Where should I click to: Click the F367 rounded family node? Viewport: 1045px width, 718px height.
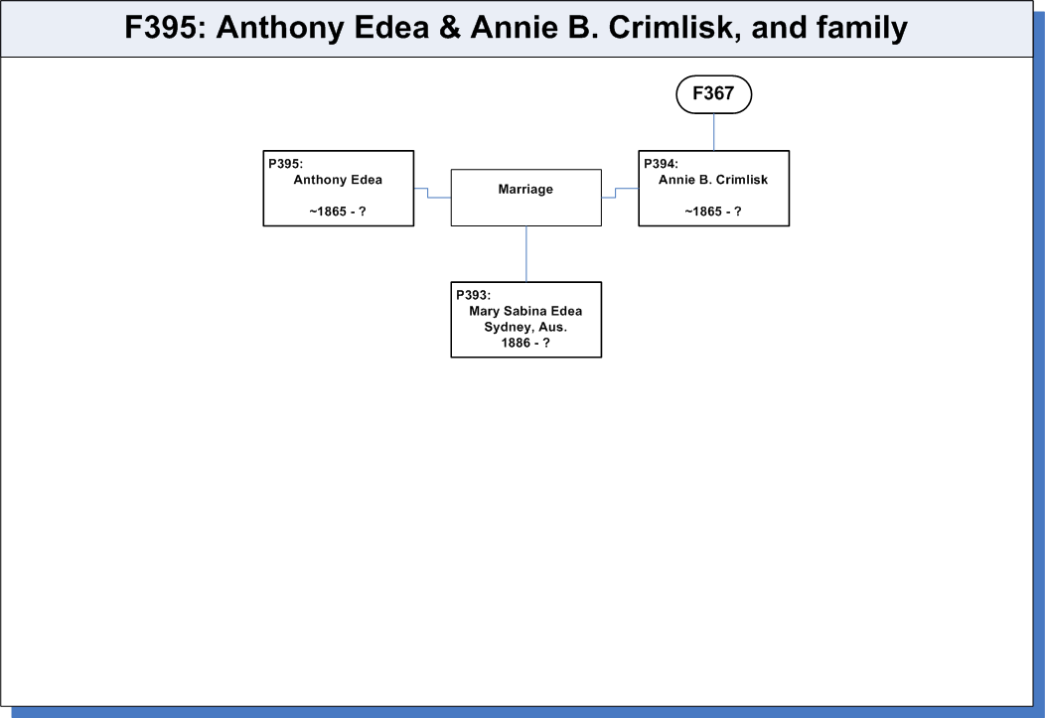[x=714, y=94]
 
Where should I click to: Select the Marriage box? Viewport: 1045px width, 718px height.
[x=525, y=198]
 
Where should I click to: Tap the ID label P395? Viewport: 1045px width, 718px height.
[x=285, y=164]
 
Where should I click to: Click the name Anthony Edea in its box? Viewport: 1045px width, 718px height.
[x=338, y=180]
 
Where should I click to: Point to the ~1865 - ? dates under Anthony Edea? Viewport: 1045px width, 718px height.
[x=338, y=212]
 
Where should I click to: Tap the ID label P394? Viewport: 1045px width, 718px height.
[x=661, y=164]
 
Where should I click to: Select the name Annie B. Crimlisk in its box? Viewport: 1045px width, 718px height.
[x=713, y=180]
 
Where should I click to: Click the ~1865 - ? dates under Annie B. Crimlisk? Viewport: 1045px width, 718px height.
[x=713, y=212]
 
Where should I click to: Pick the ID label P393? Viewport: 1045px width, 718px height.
[x=473, y=295]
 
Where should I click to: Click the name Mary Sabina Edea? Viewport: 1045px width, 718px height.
[x=525, y=311]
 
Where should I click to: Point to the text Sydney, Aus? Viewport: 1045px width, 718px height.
[x=525, y=327]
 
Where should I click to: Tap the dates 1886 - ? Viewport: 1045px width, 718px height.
[x=525, y=343]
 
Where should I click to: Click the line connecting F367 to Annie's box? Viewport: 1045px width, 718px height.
[x=714, y=132]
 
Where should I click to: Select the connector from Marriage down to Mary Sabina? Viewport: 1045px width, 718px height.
[x=525, y=254]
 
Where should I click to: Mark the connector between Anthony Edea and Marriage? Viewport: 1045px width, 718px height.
[x=428, y=193]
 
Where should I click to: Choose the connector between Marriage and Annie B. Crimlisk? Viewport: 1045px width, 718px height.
[x=615, y=193]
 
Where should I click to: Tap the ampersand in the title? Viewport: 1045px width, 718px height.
[x=450, y=28]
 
